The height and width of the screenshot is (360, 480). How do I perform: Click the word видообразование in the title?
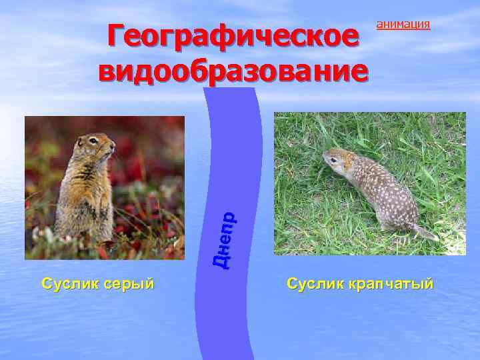233,71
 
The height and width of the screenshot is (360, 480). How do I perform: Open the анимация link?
403,25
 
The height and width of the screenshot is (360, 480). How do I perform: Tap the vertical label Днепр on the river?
226,240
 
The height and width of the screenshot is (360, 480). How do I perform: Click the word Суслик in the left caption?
69,283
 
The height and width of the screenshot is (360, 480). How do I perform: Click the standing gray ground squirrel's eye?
93,141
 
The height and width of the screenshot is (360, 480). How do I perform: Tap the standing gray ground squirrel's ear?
81,140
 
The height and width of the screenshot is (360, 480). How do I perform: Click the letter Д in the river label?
226,260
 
